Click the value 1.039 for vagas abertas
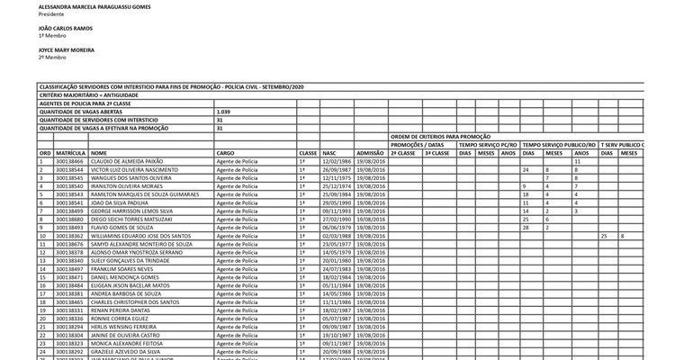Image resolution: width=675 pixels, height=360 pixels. [224, 112]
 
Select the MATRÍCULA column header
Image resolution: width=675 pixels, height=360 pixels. [70, 153]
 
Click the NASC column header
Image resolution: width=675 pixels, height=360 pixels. [328, 153]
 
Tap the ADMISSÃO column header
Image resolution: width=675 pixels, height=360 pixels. [370, 153]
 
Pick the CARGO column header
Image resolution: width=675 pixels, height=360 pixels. [225, 153]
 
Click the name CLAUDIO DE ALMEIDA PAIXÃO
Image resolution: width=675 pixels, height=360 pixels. [125, 161]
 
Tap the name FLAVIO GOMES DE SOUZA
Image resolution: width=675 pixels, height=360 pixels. [121, 228]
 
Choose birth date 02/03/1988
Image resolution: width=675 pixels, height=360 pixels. [337, 236]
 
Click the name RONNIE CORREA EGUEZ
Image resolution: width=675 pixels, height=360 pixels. [120, 319]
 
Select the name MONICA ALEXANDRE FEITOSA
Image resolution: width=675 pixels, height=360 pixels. [126, 343]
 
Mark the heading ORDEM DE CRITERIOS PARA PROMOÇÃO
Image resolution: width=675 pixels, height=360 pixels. [441, 136]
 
